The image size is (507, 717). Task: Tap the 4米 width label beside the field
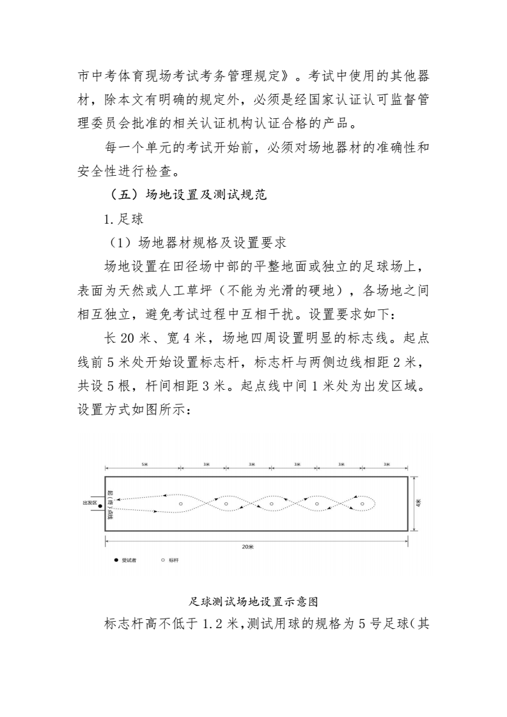coord(418,504)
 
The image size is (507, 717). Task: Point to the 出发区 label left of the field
coord(90,503)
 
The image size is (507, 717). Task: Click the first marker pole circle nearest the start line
coord(181,504)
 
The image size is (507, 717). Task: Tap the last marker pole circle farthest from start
coord(363,504)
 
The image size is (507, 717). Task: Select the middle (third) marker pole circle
coord(272,504)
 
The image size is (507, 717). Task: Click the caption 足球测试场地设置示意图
coord(254,601)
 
